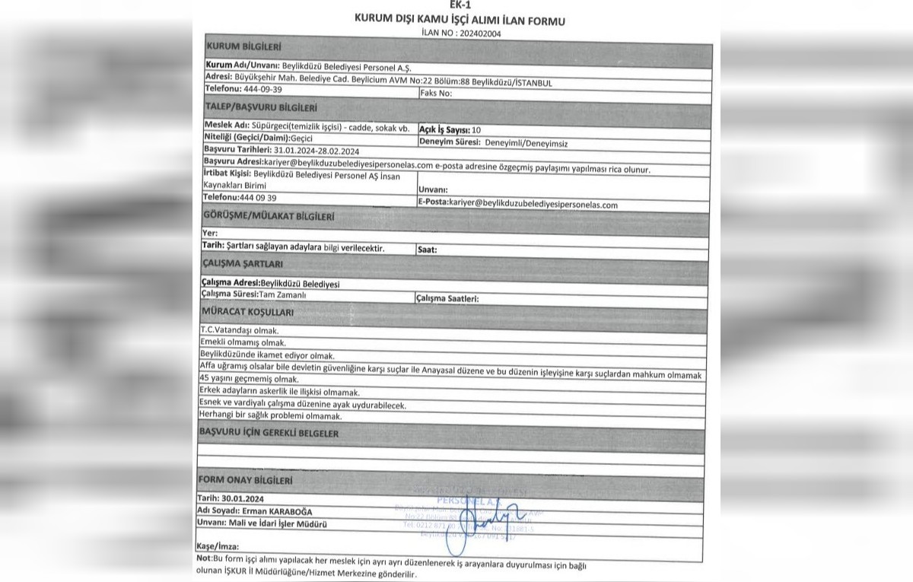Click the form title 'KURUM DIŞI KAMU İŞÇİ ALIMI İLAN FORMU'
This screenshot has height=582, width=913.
(x=460, y=21)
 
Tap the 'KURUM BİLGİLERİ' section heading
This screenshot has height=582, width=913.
(x=240, y=47)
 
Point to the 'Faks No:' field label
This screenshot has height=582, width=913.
(x=436, y=94)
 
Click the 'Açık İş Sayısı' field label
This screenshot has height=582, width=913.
(x=444, y=130)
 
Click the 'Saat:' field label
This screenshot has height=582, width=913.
(x=428, y=249)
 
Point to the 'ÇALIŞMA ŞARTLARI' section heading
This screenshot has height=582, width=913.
(x=241, y=263)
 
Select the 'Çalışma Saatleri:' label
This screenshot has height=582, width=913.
(x=447, y=299)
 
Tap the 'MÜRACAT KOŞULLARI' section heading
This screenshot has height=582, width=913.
(x=247, y=313)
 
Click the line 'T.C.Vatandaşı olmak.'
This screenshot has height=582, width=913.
(x=239, y=332)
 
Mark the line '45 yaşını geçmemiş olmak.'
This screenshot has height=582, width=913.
(x=247, y=378)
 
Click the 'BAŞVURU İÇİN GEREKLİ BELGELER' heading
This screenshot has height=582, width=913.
(x=269, y=433)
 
